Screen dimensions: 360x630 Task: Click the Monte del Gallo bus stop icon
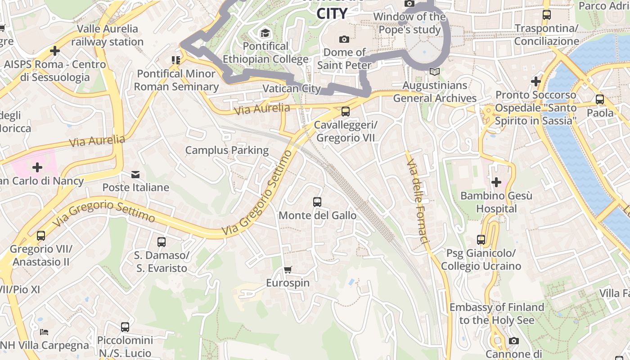point(317,202)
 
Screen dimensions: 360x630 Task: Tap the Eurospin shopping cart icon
point(288,270)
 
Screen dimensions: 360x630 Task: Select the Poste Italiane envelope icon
point(135,174)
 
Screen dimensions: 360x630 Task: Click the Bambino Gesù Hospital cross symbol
point(496,182)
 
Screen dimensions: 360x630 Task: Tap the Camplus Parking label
point(227,150)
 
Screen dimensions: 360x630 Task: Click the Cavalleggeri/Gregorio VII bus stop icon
point(345,111)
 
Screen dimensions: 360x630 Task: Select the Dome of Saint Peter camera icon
point(344,39)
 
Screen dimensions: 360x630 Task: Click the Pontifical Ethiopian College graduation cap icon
point(265,33)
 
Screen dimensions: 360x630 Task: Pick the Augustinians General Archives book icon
point(434,72)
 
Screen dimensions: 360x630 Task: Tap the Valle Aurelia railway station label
point(107,35)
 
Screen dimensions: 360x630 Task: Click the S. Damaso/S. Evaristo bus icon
point(162,242)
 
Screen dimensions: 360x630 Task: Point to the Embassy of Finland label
point(497,314)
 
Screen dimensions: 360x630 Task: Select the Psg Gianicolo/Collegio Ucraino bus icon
point(481,240)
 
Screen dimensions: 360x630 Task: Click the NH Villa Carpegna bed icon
point(44,332)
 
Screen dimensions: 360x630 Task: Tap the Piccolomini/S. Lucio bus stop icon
point(125,327)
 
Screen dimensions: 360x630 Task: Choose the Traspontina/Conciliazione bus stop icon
point(547,15)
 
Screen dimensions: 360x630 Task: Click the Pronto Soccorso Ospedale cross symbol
point(535,81)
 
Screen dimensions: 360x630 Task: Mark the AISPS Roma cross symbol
point(55,51)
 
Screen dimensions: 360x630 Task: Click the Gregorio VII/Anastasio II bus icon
point(41,235)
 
